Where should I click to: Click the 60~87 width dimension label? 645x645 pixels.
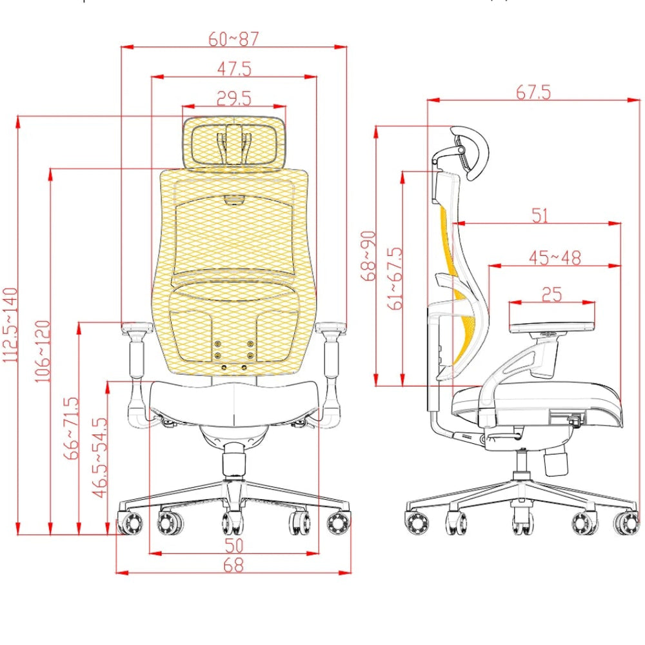pos(233,39)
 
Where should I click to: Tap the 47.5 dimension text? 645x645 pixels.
pos(234,69)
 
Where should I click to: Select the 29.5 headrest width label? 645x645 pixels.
pos(233,99)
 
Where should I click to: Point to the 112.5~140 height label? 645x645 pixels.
pos(10,325)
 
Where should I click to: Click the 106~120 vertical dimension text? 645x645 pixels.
pos(43,352)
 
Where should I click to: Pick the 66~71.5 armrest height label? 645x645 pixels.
pos(71,428)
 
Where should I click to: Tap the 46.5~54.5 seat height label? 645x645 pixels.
pos(100,458)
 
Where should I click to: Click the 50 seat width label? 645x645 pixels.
pos(234,546)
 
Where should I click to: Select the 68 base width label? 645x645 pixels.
pos(233,565)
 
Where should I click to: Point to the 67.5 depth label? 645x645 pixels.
pos(533,92)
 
